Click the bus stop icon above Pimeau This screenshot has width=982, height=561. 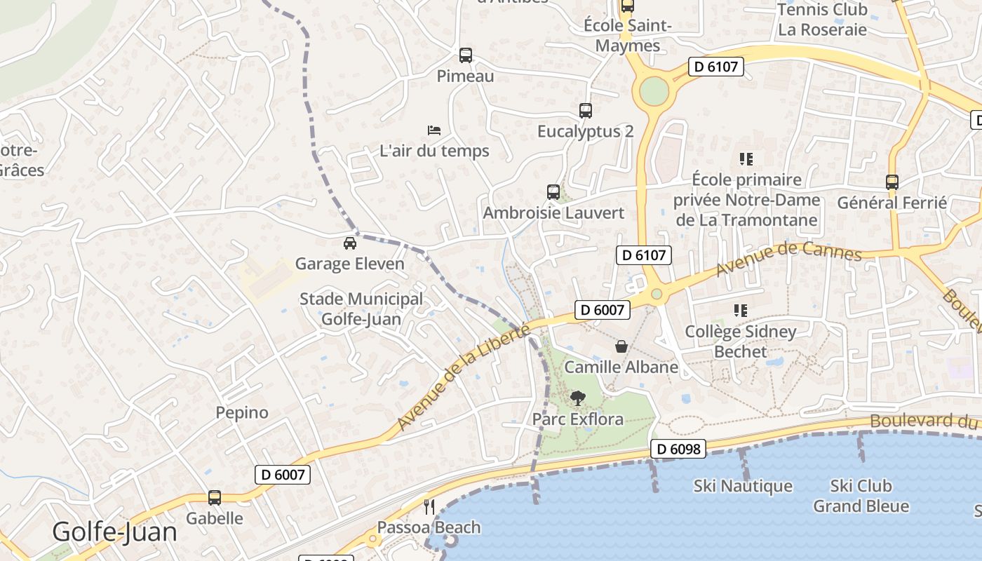465,55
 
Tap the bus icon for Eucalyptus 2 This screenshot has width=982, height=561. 585,111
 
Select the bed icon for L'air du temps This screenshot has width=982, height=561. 434,130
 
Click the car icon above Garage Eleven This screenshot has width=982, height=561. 349,243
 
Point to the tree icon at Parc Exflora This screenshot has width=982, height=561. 577,398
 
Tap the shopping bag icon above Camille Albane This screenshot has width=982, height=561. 621,346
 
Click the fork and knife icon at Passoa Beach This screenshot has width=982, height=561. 429,506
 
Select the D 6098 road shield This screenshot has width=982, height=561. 678,449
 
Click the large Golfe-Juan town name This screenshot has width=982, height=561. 115,532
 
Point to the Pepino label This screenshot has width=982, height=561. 242,412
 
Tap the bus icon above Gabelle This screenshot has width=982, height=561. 214,498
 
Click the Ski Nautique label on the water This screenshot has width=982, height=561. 743,486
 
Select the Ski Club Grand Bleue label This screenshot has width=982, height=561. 861,496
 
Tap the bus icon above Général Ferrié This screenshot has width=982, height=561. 892,182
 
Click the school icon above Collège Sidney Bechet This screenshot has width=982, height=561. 740,310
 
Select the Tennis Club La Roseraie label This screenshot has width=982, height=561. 822,20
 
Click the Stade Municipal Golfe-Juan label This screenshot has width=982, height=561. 361,309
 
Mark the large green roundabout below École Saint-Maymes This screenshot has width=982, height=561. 654,90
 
